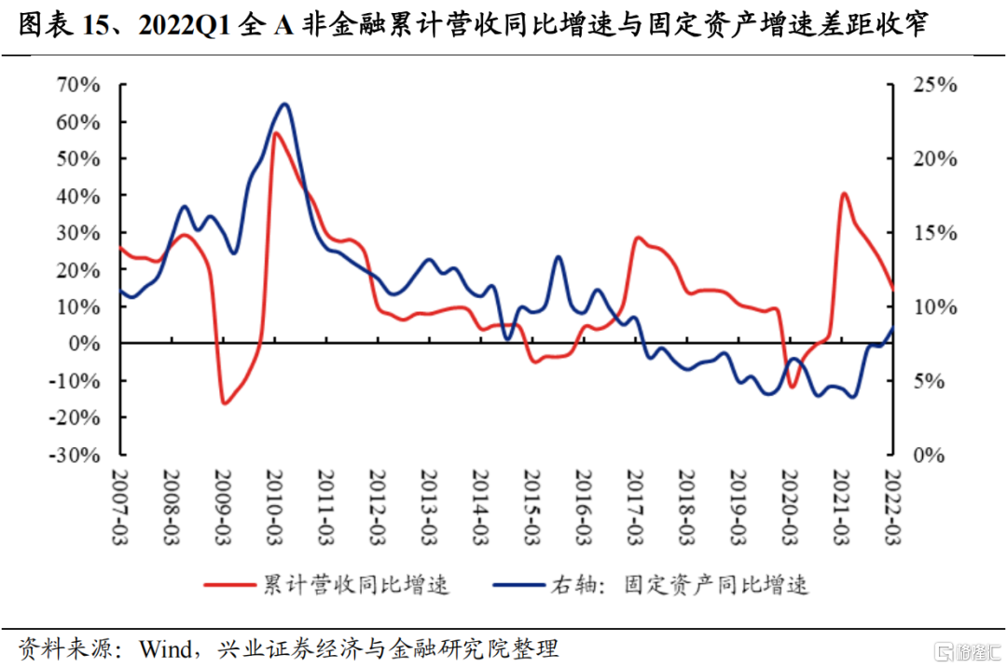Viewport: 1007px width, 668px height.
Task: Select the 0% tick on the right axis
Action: pyautogui.click(x=928, y=456)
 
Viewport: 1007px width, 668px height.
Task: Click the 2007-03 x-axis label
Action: pyautogui.click(x=119, y=503)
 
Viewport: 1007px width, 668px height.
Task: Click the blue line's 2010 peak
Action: pyautogui.click(x=284, y=103)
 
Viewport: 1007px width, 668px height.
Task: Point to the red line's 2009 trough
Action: pyautogui.click(x=224, y=403)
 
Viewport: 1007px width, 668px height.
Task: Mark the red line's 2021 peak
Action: pyautogui.click(x=843, y=194)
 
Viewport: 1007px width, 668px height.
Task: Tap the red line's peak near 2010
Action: pyautogui.click(x=275, y=133)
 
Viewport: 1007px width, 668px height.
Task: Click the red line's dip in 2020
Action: pyautogui.click(x=793, y=387)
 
